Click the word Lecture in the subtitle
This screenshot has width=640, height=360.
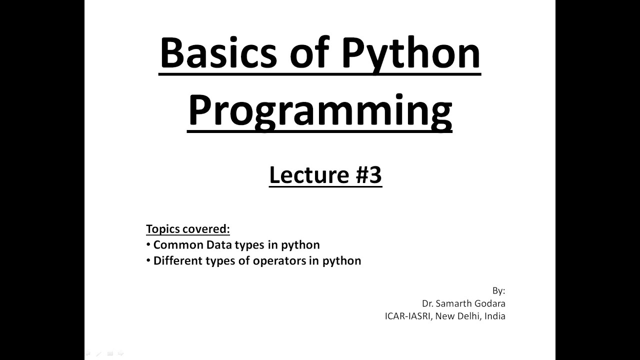tap(301, 175)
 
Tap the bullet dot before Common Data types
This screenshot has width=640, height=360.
tap(148, 245)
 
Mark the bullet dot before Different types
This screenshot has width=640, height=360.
tap(148, 261)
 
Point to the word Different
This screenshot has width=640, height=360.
tap(177, 261)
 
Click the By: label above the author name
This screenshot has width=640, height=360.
tap(498, 291)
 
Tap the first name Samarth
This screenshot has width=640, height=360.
tap(453, 303)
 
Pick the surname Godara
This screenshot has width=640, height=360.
tap(490, 303)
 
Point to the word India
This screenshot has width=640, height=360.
tap(495, 316)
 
